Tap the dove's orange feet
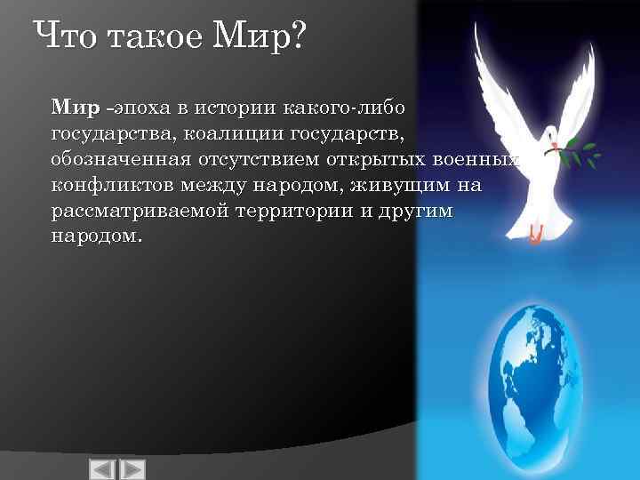(x=535, y=235)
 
